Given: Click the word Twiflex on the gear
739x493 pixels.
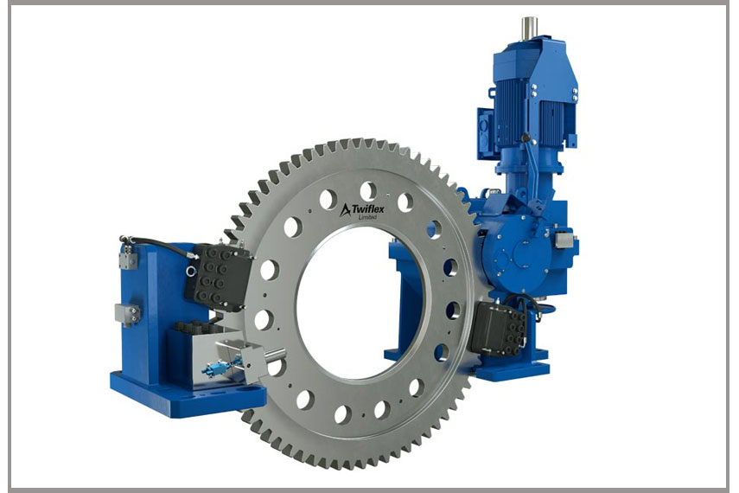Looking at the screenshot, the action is pyautogui.click(x=367, y=208).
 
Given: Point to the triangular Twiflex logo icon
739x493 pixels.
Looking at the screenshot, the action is pyautogui.click(x=345, y=209).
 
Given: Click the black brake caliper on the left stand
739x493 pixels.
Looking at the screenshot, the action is pyautogui.click(x=220, y=278).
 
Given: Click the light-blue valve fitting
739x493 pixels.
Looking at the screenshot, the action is pyautogui.click(x=218, y=367).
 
